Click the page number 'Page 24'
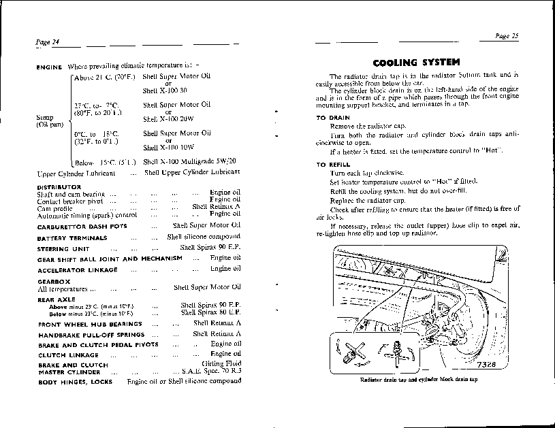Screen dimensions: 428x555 [48, 42]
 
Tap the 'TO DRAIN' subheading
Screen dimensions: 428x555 [334, 118]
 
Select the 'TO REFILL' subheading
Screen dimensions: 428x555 [334, 165]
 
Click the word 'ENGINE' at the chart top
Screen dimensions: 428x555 [49, 67]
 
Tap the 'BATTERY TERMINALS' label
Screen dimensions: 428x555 [72, 238]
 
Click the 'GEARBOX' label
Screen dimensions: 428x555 [51, 280]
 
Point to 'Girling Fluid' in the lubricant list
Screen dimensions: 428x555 [222, 365]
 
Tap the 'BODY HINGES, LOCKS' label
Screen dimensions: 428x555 [74, 382]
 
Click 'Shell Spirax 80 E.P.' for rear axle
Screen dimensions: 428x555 [211, 314]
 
